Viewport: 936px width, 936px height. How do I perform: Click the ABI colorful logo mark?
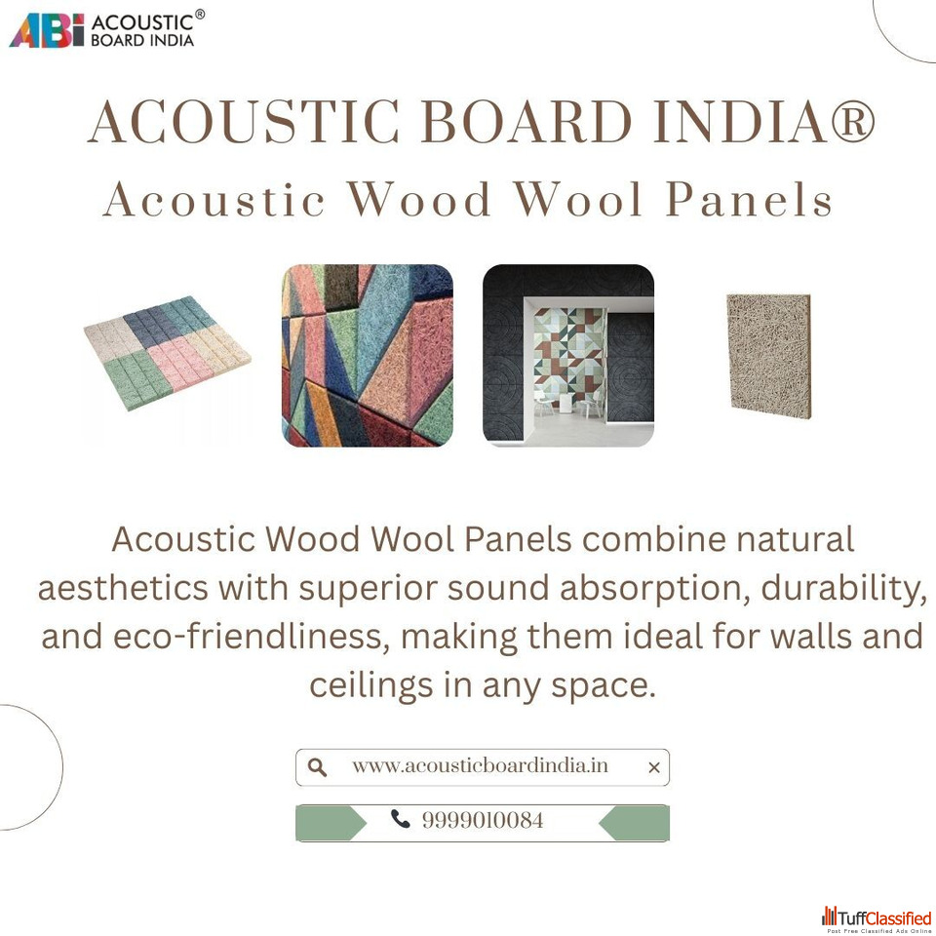pos(47,30)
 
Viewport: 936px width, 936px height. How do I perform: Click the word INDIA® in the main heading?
pos(764,122)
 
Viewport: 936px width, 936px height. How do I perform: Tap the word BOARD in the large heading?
pos(526,122)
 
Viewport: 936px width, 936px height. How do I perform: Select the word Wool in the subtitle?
pos(578,199)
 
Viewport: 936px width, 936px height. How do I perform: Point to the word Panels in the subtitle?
pos(749,199)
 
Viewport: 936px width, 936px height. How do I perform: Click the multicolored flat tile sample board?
pos(167,353)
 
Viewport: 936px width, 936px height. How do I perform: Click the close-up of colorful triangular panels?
pos(368,355)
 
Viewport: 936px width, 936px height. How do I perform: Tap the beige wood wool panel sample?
pos(769,356)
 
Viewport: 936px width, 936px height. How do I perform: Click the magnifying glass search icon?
pos(317,767)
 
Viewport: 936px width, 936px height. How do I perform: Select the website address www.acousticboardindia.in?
pos(480,766)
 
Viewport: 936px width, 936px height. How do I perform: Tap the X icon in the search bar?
pos(654,767)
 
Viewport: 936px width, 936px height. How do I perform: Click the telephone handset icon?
pos(400,819)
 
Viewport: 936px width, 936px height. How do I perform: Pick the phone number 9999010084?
pos(483,820)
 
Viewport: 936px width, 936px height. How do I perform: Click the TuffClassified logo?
pos(877,918)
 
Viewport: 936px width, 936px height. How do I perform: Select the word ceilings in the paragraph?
pos(371,686)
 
